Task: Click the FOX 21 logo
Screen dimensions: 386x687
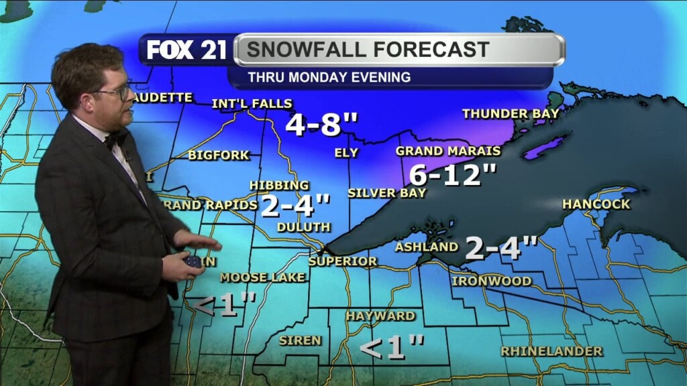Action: [x=186, y=50]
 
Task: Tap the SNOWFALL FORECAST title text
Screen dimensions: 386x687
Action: [x=368, y=49]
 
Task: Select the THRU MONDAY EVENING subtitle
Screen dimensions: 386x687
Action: [x=329, y=77]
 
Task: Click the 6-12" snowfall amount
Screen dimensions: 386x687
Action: [x=453, y=176]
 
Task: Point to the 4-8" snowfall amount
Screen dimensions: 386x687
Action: [x=322, y=125]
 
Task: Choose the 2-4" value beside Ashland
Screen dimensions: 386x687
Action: [x=501, y=248]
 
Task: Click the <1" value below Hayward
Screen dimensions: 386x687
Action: [x=392, y=347]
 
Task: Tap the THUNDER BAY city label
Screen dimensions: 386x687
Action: [x=511, y=114]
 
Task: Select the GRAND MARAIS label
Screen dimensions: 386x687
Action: [x=448, y=151]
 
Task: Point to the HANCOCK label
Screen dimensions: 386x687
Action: [x=596, y=204]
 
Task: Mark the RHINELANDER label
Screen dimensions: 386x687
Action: [x=551, y=351]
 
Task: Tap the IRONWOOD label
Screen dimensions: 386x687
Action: [x=491, y=281]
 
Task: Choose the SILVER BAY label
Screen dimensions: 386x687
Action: [x=386, y=193]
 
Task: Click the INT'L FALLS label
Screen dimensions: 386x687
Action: [x=252, y=104]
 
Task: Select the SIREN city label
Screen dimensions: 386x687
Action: [x=300, y=340]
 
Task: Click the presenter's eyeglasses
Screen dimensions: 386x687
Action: [x=119, y=92]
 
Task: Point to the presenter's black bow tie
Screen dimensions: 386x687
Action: [x=116, y=139]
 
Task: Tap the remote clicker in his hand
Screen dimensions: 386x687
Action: [x=193, y=261]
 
